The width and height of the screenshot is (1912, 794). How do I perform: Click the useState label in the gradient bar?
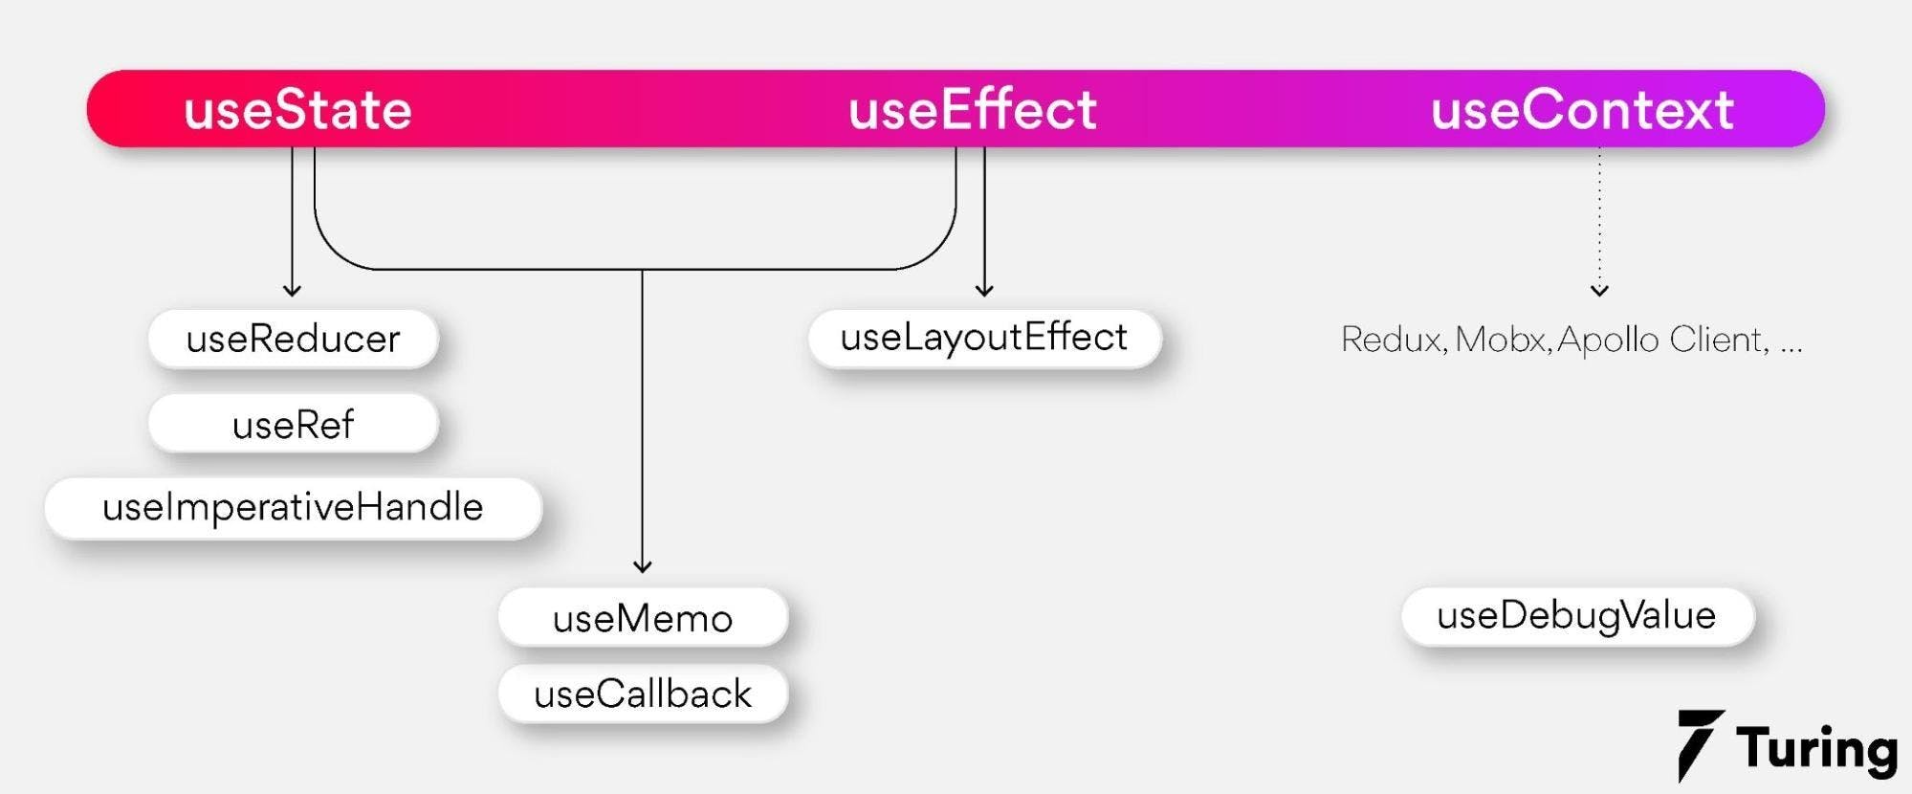(x=297, y=109)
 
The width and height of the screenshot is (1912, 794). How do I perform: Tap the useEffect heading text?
(x=973, y=108)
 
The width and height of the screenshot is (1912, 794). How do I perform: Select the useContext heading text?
(x=1582, y=109)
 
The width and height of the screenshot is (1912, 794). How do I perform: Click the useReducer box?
(x=293, y=339)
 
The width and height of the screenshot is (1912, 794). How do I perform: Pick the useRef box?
(x=293, y=423)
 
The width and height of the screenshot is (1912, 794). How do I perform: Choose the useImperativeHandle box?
(x=293, y=507)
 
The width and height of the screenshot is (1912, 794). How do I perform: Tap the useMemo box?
(x=643, y=617)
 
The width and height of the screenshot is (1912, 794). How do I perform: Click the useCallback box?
(x=643, y=694)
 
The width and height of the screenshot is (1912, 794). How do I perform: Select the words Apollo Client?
(x=1662, y=341)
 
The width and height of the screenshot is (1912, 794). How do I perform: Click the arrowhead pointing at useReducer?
(x=293, y=291)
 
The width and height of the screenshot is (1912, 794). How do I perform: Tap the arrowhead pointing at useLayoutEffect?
(x=984, y=291)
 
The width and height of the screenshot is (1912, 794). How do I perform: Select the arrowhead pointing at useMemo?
(x=643, y=567)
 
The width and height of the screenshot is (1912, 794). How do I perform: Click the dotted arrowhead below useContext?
(x=1599, y=291)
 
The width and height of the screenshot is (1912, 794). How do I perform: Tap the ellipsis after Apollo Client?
(x=1791, y=350)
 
